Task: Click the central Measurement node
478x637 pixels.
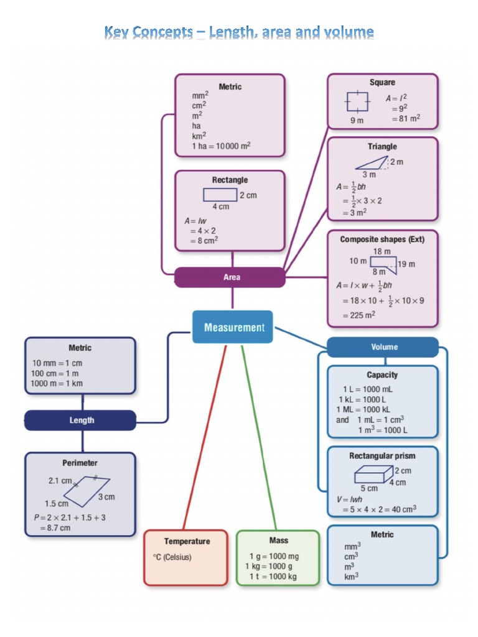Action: point(233,327)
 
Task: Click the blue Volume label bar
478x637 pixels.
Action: point(383,347)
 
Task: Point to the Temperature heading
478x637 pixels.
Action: point(187,541)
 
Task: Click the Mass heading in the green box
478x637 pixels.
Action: point(278,540)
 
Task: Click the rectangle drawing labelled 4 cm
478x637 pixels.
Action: point(220,195)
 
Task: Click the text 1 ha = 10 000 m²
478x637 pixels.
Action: point(221,146)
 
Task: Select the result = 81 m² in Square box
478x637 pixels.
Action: point(405,118)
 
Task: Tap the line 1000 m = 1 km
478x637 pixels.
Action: point(57,383)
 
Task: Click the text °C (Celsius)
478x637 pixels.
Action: point(172,557)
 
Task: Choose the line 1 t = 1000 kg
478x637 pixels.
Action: point(273,577)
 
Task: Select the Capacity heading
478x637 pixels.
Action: point(382,375)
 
